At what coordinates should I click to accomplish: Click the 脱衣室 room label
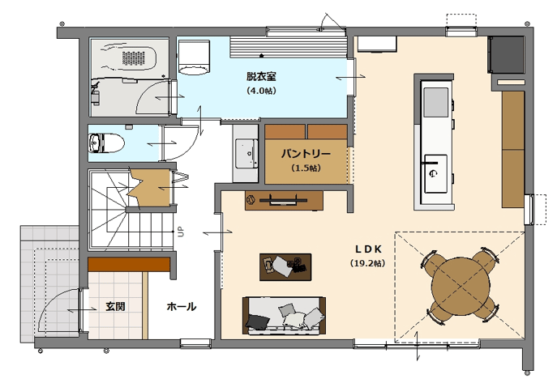click(x=261, y=76)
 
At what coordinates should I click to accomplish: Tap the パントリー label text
click(x=306, y=154)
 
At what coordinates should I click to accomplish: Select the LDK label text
click(x=368, y=249)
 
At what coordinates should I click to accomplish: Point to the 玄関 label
click(x=115, y=306)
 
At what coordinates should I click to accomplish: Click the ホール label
click(x=181, y=306)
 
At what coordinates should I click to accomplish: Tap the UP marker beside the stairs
click(x=181, y=232)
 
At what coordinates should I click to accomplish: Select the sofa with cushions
click(x=285, y=316)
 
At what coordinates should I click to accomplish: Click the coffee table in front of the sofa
click(x=285, y=267)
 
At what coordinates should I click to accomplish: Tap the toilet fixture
click(x=106, y=143)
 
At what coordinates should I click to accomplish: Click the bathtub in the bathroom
click(x=130, y=58)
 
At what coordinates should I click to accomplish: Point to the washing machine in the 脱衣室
click(x=194, y=57)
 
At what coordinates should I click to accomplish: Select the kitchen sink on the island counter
click(x=436, y=173)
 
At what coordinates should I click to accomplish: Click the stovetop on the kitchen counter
click(x=436, y=103)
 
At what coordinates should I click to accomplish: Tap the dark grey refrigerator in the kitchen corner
click(x=506, y=54)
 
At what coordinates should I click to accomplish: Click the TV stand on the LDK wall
click(x=284, y=201)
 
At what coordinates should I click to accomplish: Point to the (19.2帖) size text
click(x=367, y=263)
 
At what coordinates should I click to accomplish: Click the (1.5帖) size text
click(x=306, y=168)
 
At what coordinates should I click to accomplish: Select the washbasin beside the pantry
click(x=246, y=153)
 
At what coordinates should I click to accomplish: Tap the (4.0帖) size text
click(x=261, y=91)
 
